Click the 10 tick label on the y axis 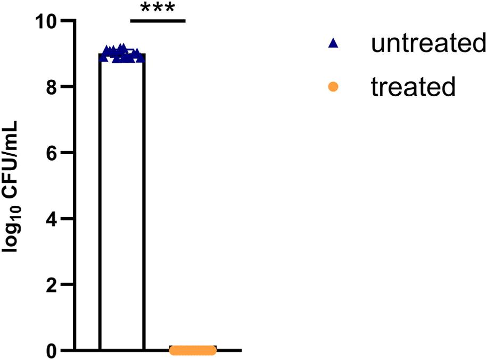coord(47,21)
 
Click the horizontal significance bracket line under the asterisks coord(158,21)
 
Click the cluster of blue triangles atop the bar coord(122,54)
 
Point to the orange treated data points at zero coord(193,350)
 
